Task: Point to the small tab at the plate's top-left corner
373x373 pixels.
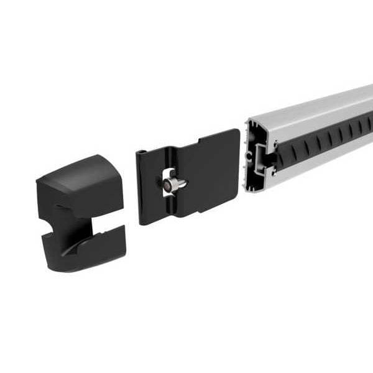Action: click(142, 152)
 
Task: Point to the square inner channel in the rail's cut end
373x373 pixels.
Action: click(261, 155)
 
